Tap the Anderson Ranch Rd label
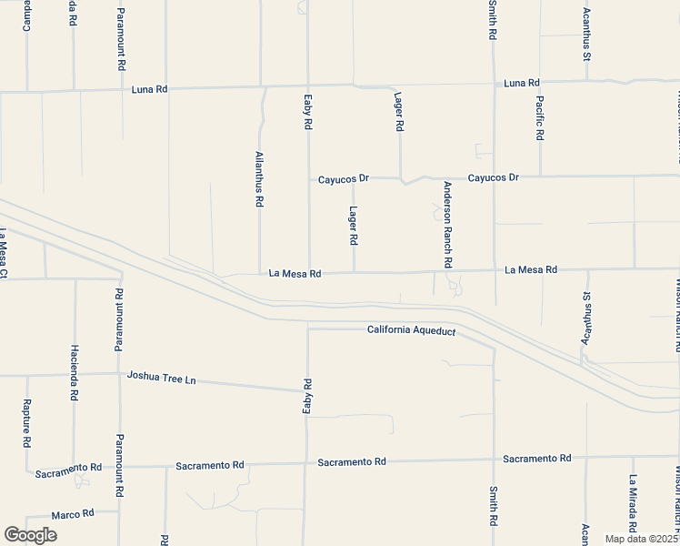click(x=447, y=224)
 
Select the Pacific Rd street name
click(x=540, y=117)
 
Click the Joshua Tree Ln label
click(x=162, y=376)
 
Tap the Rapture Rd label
click(x=26, y=424)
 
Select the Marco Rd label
click(x=73, y=514)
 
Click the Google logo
click(x=30, y=535)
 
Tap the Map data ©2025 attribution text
click(x=640, y=539)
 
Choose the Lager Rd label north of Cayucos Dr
click(x=398, y=112)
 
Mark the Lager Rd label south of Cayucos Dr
click(x=354, y=226)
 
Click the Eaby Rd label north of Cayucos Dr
click(x=308, y=113)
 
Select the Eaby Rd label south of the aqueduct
click(x=307, y=398)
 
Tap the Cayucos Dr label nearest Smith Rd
click(x=493, y=177)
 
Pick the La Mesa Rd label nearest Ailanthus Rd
click(x=295, y=273)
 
